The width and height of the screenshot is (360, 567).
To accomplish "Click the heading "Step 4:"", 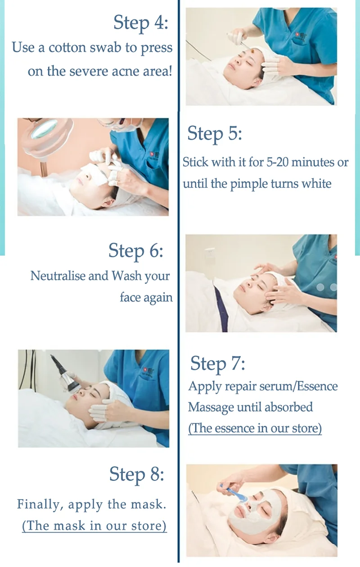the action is pyautogui.click(x=140, y=23).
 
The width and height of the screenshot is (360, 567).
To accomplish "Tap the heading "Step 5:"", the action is pyautogui.click(x=215, y=134).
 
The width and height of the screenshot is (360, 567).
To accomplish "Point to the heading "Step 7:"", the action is pyautogui.click(x=218, y=364).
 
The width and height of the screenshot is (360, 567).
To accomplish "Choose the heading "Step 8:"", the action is pyautogui.click(x=136, y=475).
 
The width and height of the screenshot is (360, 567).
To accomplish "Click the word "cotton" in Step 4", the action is pyautogui.click(x=67, y=48).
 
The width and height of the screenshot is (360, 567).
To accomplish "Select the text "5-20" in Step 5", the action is pyautogui.click(x=277, y=162).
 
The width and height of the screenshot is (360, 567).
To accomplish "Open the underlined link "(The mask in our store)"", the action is pyautogui.click(x=94, y=526).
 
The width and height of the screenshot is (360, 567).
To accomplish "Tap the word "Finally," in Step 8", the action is pyautogui.click(x=40, y=504).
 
